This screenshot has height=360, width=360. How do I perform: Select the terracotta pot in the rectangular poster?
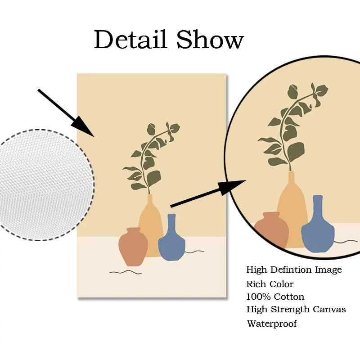point(133,247)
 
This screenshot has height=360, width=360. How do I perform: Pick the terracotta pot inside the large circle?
point(272,229)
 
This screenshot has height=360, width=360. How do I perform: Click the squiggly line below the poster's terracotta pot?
point(125,272)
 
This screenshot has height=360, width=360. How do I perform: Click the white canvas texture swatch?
point(45,184)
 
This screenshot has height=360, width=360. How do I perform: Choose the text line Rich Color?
point(270,284)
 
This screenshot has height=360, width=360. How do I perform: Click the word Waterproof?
point(272,324)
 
